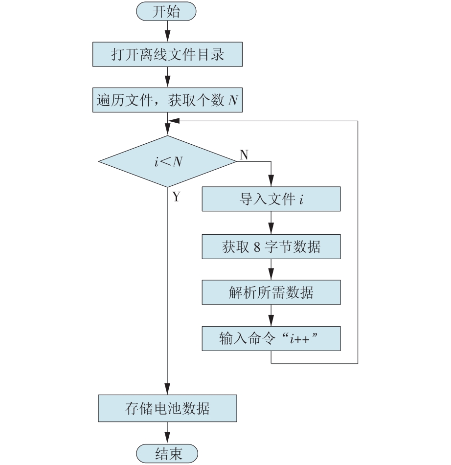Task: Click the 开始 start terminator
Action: click(x=166, y=11)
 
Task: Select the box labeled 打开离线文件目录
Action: click(x=167, y=54)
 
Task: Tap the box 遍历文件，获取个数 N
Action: click(x=167, y=100)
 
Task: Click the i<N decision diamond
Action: click(x=167, y=162)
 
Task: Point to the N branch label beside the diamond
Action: click(x=244, y=155)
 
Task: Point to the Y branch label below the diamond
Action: click(x=176, y=197)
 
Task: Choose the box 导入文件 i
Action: click(x=271, y=199)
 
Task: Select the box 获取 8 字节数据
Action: click(x=271, y=247)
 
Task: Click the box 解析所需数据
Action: click(x=271, y=292)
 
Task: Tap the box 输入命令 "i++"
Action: click(x=271, y=339)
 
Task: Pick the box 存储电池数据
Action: click(x=167, y=408)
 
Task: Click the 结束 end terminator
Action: click(x=167, y=453)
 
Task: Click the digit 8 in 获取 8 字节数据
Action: click(x=257, y=247)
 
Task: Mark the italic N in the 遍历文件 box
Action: click(x=233, y=100)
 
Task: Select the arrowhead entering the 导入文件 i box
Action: click(x=271, y=181)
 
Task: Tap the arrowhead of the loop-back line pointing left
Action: click(x=174, y=121)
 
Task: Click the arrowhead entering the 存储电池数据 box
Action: click(x=167, y=389)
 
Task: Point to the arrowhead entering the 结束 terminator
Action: click(x=167, y=438)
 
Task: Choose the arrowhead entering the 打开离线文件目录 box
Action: click(x=167, y=36)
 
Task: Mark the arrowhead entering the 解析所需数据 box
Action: click(x=271, y=274)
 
